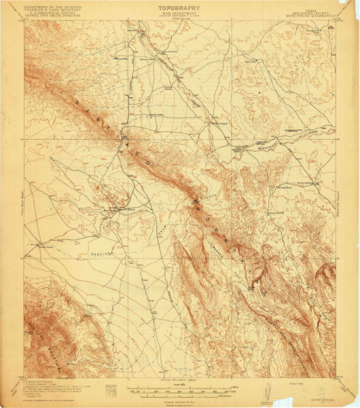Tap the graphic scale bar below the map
click(x=181, y=390)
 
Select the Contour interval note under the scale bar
click(x=181, y=397)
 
